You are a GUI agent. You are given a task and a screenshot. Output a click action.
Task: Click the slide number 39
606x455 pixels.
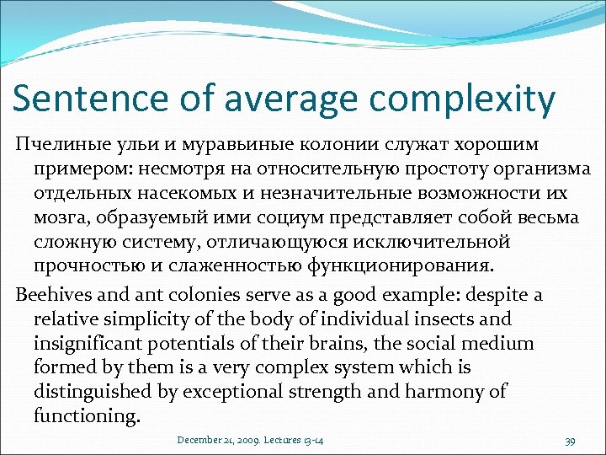(x=570, y=441)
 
